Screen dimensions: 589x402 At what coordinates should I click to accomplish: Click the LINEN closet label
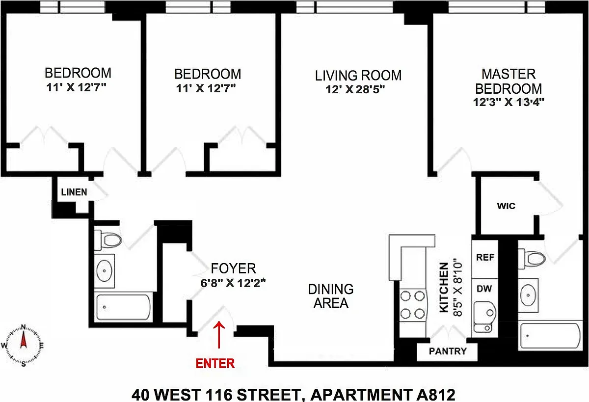[x=74, y=192]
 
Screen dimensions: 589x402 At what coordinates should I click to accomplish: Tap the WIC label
[x=506, y=206]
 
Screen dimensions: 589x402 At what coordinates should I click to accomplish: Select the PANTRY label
[x=448, y=351]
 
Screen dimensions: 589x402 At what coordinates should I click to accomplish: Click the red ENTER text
[x=215, y=364]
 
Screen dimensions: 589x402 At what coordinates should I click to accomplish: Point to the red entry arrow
[x=219, y=334]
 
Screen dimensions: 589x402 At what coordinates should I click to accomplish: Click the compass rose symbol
[x=23, y=345]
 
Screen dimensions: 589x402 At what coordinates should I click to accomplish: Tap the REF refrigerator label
[x=485, y=257]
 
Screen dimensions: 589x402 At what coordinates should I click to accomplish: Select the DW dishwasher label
[x=484, y=289]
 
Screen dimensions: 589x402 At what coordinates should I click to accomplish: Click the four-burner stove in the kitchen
[x=413, y=305]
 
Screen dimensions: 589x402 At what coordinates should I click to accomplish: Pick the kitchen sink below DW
[x=485, y=317]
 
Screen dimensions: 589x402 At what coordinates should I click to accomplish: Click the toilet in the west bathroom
[x=108, y=240]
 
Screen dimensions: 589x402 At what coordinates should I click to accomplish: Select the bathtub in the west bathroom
[x=123, y=307]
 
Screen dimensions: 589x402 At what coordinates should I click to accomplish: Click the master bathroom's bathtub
[x=550, y=336]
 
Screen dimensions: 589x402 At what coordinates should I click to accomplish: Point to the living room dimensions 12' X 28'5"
[x=355, y=90]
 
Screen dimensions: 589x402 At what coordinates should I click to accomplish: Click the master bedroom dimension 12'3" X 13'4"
[x=509, y=102]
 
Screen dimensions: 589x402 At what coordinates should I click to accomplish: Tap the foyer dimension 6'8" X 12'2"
[x=233, y=283]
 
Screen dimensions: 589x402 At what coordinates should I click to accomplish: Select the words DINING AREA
[x=331, y=296]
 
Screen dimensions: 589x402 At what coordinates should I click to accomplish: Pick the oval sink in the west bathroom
[x=105, y=271]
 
